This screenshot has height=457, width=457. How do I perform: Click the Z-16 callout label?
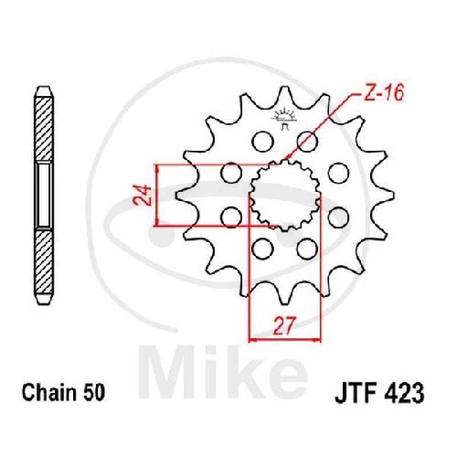click(384, 93)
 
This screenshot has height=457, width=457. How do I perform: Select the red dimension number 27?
click(284, 325)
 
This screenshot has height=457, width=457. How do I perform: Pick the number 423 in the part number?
click(404, 393)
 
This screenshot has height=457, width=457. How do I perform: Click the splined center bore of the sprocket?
click(285, 195)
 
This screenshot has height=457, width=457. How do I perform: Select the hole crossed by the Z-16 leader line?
click(307, 141)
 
